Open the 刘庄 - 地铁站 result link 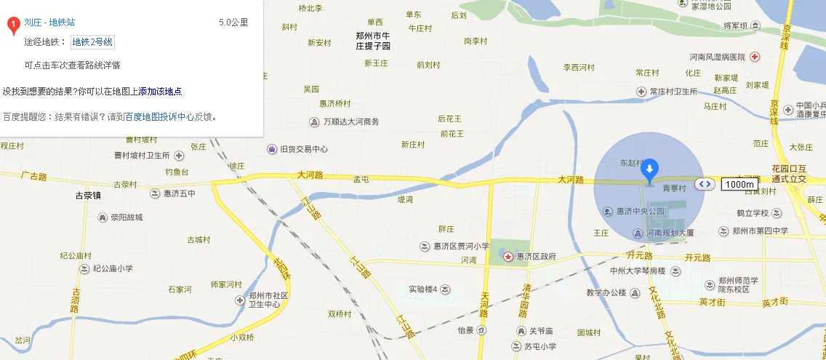tap(49, 23)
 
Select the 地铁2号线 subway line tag tap(92, 42)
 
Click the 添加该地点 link tap(160, 92)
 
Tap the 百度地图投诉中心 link tap(159, 116)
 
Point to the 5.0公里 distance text tap(233, 23)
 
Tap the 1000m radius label tap(739, 184)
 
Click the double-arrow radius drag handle tap(704, 184)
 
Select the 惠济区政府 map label tap(536, 257)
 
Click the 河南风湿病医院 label tap(718, 57)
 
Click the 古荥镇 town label tap(88, 196)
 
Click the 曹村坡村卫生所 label tap(142, 156)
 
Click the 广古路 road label tap(34, 176)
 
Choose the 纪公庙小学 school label tap(112, 268)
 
